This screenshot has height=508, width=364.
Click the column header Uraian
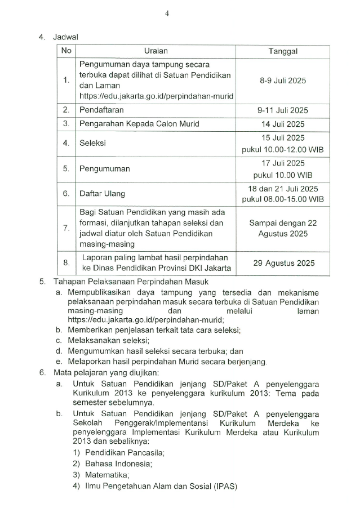tap(156, 51)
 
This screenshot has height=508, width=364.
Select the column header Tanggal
tap(283, 51)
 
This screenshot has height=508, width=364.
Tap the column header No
tap(66, 51)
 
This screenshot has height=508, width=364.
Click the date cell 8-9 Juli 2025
tap(283, 81)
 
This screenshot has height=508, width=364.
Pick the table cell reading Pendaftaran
tap(101, 110)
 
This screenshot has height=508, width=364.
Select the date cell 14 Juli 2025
tap(283, 124)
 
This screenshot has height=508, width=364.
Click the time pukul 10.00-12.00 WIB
tap(283, 150)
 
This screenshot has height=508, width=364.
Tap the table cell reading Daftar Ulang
tap(102, 193)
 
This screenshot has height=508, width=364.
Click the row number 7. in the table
tap(66, 228)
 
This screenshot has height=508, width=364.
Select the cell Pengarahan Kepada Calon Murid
tap(139, 124)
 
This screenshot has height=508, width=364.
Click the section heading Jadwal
tap(65, 37)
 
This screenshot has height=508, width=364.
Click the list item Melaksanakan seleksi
tap(108, 340)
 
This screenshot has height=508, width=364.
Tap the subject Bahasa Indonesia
tap(118, 464)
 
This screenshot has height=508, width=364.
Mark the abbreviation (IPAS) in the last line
tap(225, 486)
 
